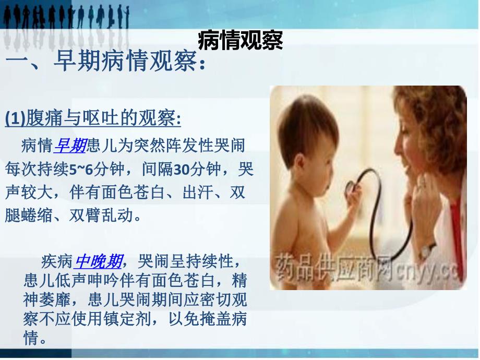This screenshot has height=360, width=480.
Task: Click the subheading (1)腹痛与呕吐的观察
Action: coord(93,119)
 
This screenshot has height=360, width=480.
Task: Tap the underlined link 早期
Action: coord(70,145)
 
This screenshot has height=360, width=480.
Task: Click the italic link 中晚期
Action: coord(99,260)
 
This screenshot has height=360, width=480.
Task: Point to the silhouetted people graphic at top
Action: coord(65,18)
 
